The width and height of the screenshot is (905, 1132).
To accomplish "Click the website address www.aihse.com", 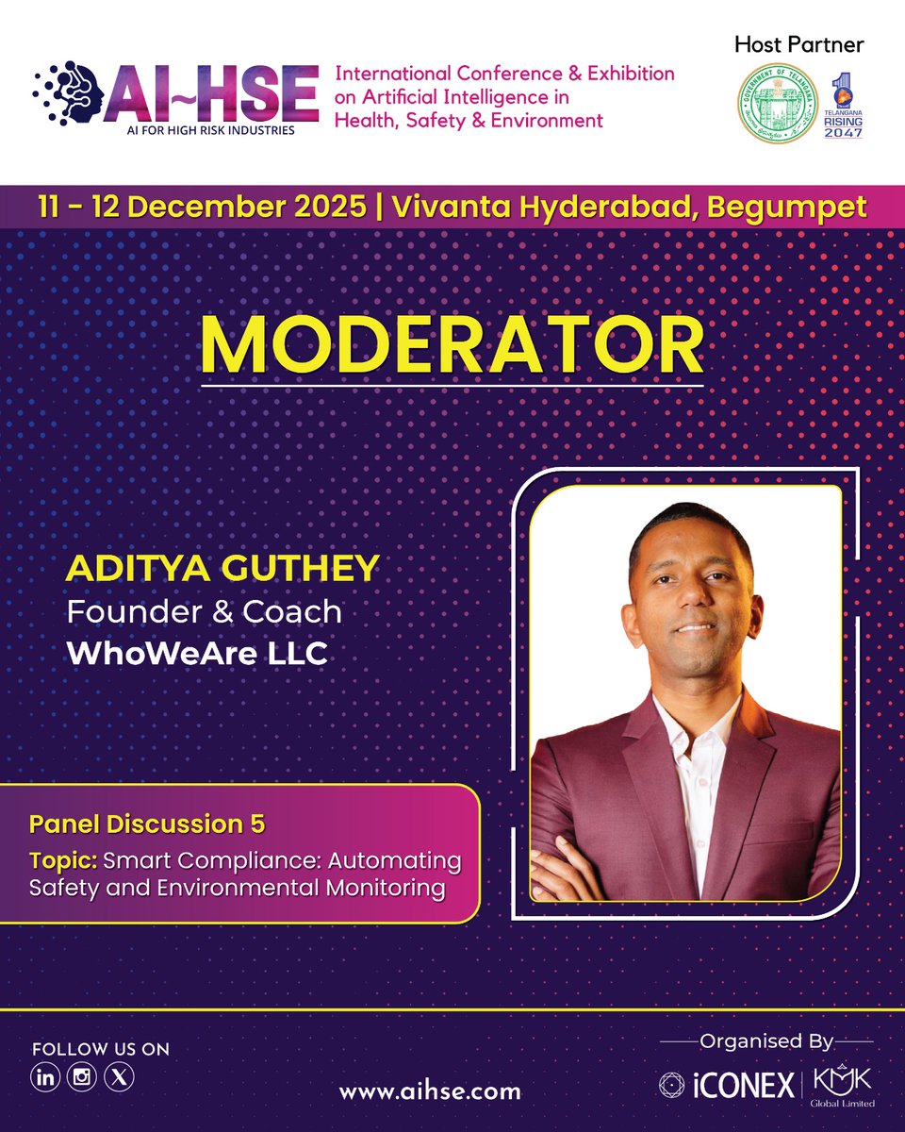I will [x=430, y=1091].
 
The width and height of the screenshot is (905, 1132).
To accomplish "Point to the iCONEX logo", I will [x=727, y=1086].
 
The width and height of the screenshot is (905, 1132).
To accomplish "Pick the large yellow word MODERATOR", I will [x=452, y=346].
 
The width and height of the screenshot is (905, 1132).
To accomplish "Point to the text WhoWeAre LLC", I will [x=197, y=654].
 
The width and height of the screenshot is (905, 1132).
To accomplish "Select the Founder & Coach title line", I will [x=204, y=611].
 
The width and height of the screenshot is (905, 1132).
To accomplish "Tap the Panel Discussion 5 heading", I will [x=147, y=824].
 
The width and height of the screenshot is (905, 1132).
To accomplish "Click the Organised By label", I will [x=766, y=1041].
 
